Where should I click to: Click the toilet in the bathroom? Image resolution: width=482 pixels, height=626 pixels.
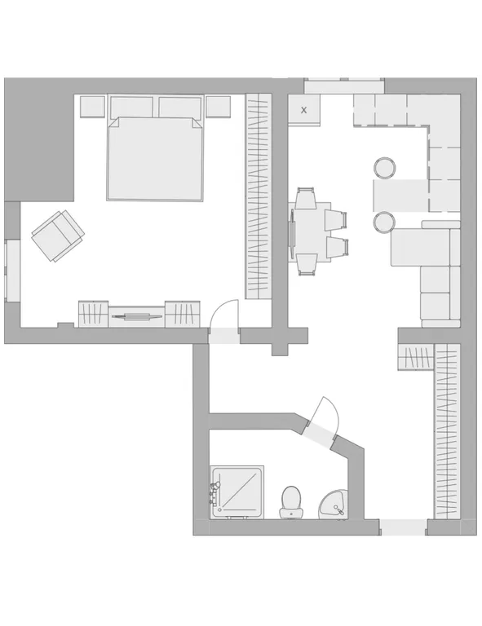(x=291, y=502)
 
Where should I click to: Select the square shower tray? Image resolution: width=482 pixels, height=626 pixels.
(x=237, y=492)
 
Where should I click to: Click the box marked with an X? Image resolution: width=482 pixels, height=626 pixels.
(x=304, y=110)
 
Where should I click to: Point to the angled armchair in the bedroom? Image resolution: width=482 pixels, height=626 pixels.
(x=58, y=236)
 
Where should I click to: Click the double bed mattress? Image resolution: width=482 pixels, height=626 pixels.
(x=155, y=158)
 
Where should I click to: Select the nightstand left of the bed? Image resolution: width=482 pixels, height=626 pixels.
(x=93, y=107)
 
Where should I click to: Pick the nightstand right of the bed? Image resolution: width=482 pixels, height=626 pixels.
(x=219, y=107)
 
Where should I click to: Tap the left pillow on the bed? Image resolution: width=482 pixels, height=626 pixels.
(x=131, y=107)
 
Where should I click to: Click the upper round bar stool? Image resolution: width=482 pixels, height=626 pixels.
(x=385, y=168)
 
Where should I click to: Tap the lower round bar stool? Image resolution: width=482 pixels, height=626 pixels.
(x=385, y=223)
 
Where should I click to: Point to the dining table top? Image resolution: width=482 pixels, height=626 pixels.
(x=310, y=232)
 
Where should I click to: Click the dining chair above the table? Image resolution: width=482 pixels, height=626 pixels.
(x=306, y=198)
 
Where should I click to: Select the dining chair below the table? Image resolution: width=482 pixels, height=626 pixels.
(x=307, y=265)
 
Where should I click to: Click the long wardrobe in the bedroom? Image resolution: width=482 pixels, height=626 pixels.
(x=258, y=196)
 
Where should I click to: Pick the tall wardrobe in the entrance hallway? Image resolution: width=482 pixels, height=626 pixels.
(x=447, y=431)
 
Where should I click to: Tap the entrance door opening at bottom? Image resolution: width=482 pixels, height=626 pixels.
(x=403, y=527)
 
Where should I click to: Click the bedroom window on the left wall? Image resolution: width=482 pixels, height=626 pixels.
(x=12, y=271)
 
